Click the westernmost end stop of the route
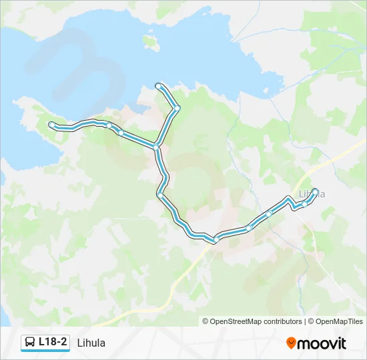(52, 124)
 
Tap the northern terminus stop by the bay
(158, 85)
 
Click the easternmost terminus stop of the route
(316, 191)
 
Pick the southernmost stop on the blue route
(216, 239)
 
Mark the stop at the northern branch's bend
(177, 107)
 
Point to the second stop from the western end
(109, 125)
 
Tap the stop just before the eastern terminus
(304, 204)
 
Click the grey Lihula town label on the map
(312, 194)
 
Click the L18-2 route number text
(53, 342)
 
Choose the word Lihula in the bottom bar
(91, 343)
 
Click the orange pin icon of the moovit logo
(291, 343)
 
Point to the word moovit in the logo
(322, 343)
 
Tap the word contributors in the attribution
(283, 321)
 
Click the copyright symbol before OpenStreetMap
(206, 321)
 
